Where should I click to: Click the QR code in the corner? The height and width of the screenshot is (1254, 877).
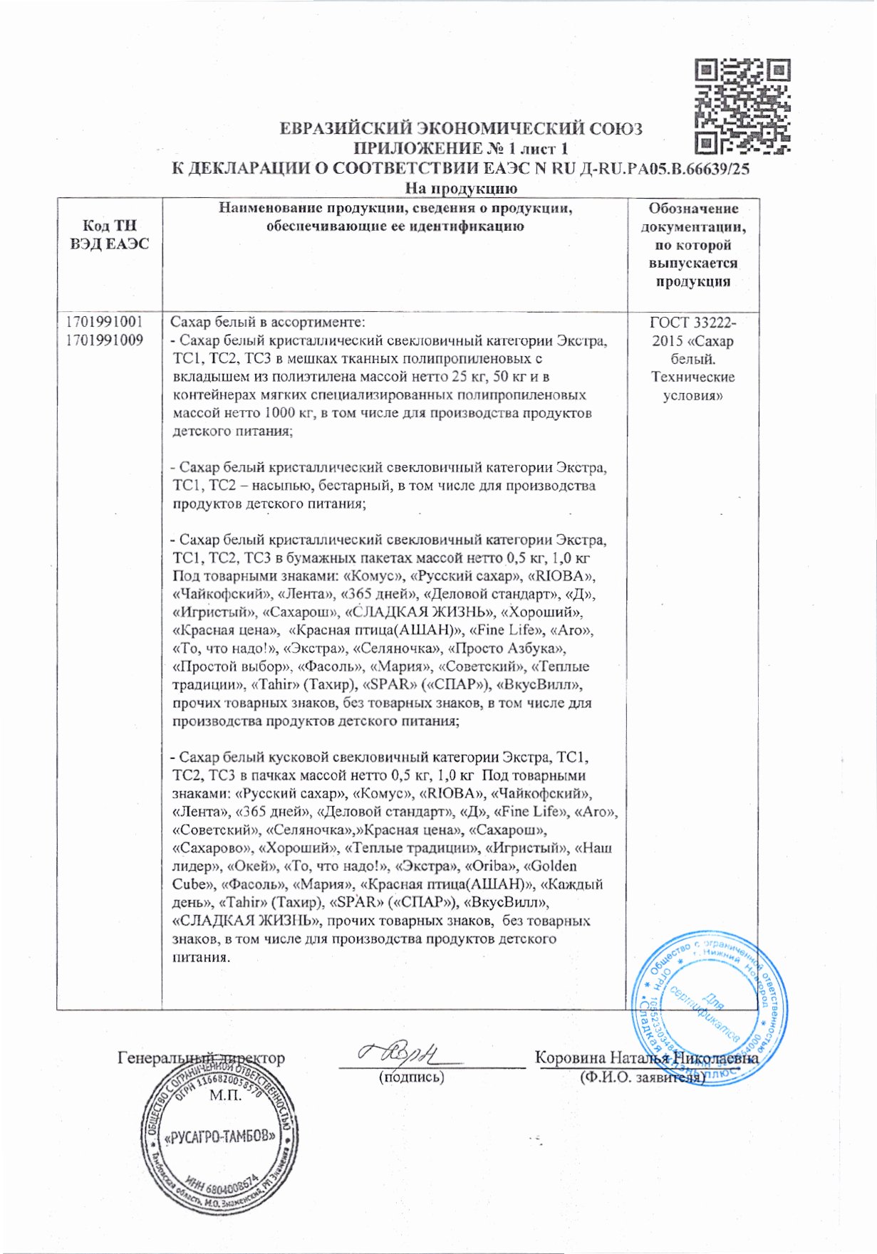[742, 107]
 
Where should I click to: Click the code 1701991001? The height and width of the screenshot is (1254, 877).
[104, 322]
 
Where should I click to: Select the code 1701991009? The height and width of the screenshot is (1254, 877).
[104, 340]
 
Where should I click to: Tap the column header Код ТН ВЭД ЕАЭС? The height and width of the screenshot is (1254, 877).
[110, 235]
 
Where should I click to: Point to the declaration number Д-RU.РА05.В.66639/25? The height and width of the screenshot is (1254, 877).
[665, 169]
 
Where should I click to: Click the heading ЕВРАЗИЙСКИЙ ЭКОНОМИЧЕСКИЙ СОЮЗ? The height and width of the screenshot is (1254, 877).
[460, 129]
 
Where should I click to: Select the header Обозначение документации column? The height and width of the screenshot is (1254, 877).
[692, 245]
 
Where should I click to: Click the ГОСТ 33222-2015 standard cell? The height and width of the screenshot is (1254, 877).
[692, 359]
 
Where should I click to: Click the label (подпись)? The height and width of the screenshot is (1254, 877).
[411, 1077]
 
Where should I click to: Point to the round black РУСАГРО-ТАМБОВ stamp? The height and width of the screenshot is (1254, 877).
[219, 1136]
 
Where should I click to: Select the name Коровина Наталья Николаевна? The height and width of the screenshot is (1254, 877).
[646, 1058]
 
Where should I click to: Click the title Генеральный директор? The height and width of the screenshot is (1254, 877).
[201, 1058]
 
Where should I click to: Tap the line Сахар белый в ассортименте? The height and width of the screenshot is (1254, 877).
[268, 322]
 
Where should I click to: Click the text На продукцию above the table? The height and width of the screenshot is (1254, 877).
[460, 189]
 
